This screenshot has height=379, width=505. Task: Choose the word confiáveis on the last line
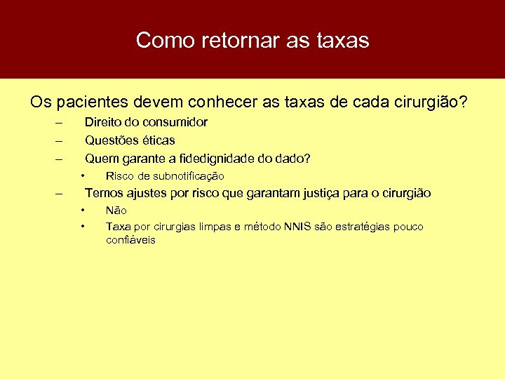[130, 240]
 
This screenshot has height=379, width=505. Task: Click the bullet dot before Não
[83, 210]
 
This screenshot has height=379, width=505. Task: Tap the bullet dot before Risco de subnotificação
[83, 175]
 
